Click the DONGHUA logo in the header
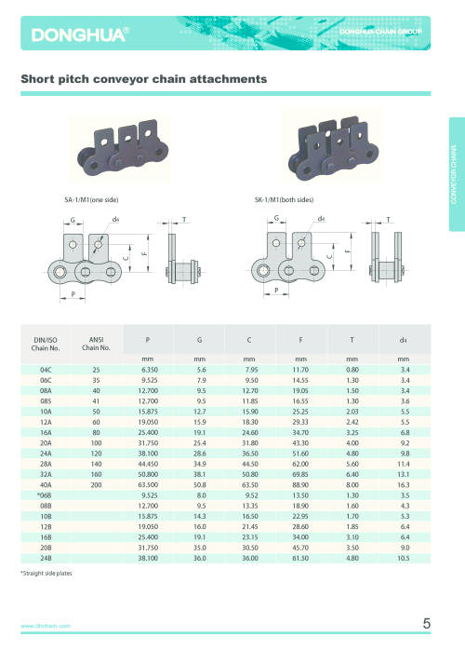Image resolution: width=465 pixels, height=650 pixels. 80,34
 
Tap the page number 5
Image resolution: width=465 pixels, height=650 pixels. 427,624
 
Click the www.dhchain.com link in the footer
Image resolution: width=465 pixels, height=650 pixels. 46,626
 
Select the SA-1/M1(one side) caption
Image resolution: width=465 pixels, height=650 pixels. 91,200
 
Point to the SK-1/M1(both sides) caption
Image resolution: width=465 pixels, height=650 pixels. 284,200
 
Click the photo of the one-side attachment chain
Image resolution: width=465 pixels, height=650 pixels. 120,148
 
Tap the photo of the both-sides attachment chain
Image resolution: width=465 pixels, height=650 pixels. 332,145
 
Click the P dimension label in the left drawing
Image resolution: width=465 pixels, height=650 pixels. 73,294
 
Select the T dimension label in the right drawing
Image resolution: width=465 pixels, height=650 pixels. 389,219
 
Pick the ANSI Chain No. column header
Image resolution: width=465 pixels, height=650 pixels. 96,344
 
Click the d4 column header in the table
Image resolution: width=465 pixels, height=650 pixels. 404,340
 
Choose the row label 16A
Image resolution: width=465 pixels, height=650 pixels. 46,432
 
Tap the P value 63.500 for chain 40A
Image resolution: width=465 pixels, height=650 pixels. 148,484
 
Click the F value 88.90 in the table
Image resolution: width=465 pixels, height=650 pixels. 300,484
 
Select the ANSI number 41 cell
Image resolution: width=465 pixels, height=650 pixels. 96,400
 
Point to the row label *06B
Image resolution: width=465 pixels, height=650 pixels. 45,495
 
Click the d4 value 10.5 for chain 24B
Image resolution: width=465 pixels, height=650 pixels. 404,558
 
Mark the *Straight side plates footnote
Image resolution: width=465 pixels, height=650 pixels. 46,574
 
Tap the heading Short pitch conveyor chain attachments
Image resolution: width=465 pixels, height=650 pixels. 143,79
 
